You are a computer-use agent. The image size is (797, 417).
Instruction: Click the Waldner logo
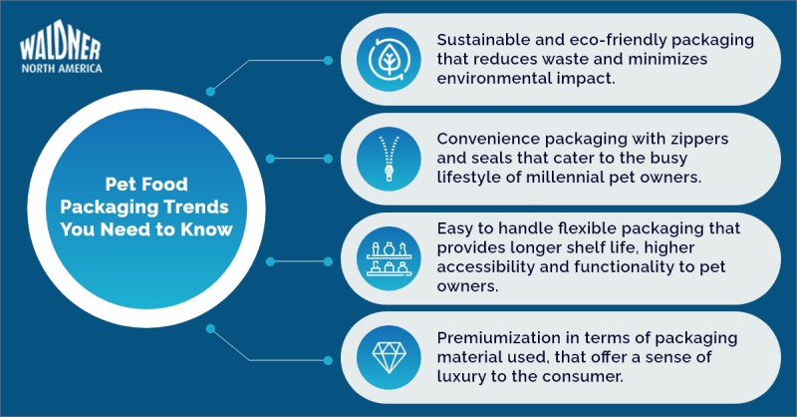click(x=61, y=46)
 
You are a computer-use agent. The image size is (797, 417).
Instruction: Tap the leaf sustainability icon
click(x=389, y=60)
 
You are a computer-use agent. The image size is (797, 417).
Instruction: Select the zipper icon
click(x=389, y=159)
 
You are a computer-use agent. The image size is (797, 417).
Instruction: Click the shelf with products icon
click(x=389, y=258)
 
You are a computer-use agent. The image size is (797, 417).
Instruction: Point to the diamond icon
click(x=389, y=357)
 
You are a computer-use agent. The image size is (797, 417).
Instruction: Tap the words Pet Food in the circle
click(x=146, y=184)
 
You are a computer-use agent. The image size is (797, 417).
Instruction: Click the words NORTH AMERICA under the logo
click(x=62, y=68)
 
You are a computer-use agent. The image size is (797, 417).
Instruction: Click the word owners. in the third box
click(x=467, y=286)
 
